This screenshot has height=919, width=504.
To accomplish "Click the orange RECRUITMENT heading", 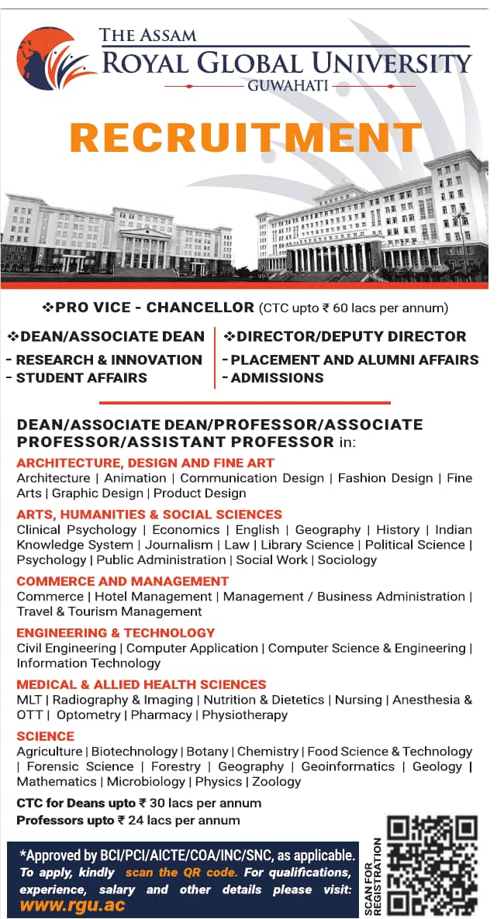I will pos(247,136).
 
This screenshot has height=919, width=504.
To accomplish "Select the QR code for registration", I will pos(431,865).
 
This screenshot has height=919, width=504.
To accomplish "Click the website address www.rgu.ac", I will pos(72,904).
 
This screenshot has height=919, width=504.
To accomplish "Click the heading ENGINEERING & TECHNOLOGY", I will pos(116,632).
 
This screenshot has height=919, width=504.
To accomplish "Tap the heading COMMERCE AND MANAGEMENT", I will pos(123,580).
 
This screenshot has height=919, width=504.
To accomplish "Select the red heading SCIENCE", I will pos(45,735).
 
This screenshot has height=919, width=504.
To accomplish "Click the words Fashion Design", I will pos(385,478).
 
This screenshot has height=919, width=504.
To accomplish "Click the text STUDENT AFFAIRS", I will pos(81,377).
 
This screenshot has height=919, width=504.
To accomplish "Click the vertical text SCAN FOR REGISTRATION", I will pos(376,876).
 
